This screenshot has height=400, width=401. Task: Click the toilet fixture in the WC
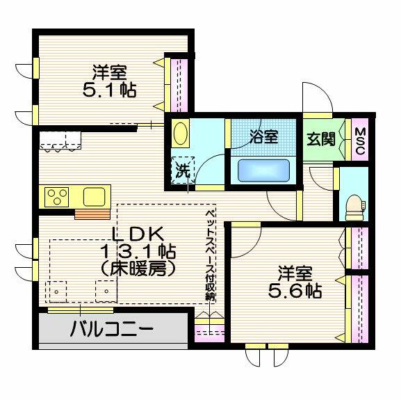tap(354, 207)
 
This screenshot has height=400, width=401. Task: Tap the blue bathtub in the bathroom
tap(263, 170)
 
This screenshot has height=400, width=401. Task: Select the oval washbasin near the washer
tap(181, 134)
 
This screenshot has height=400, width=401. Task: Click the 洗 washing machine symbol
tap(183, 170)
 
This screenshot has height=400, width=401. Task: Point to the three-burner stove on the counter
tap(56, 197)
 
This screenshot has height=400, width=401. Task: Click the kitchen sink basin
tap(95, 197)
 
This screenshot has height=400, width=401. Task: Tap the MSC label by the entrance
tap(360, 141)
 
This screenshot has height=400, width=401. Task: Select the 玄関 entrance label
tap(321, 139)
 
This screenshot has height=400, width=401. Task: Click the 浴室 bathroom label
tap(263, 136)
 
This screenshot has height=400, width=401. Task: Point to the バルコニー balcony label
tap(112, 328)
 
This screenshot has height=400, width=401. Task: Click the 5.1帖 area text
tap(109, 90)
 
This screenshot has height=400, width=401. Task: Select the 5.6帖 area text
tap(295, 291)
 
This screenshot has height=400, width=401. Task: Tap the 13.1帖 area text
tap(138, 252)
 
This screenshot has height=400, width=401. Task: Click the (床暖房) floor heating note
tap(138, 269)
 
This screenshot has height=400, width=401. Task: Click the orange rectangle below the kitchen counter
tap(92, 214)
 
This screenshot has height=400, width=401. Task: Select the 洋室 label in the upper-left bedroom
tap(109, 72)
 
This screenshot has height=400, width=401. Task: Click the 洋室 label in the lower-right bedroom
tap(295, 273)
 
